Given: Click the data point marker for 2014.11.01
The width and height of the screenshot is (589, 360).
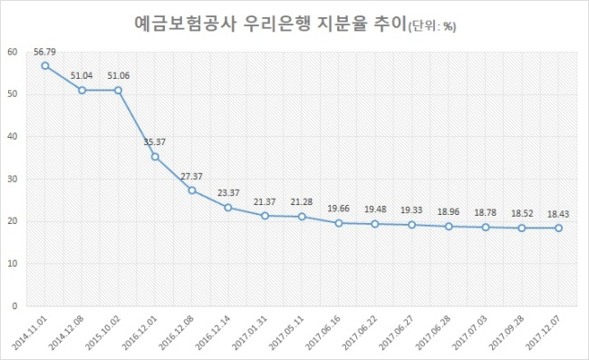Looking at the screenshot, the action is (x=45, y=66).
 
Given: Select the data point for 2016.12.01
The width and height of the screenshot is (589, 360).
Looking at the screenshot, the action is (x=155, y=157).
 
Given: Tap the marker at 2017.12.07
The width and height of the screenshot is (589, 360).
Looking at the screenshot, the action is (x=558, y=229).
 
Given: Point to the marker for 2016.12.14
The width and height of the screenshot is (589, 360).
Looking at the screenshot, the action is (x=228, y=208).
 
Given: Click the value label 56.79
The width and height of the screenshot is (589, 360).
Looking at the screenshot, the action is (x=44, y=52).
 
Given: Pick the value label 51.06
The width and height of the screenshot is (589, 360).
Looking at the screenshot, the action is (x=119, y=75).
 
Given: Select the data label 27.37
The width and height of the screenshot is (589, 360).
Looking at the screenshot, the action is (x=191, y=176).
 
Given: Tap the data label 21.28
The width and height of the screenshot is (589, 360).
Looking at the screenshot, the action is (x=302, y=202).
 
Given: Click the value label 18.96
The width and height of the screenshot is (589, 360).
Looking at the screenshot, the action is (x=449, y=212).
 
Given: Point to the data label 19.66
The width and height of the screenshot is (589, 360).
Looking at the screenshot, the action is (x=339, y=209).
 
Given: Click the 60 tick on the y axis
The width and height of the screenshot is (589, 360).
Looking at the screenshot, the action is (x=13, y=52).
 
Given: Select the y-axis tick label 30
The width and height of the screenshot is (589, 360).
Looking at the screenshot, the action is (x=13, y=179).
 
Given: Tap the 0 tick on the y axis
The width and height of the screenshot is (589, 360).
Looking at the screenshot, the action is (x=14, y=306).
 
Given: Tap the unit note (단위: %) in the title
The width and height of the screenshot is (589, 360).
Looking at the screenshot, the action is (x=431, y=26).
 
